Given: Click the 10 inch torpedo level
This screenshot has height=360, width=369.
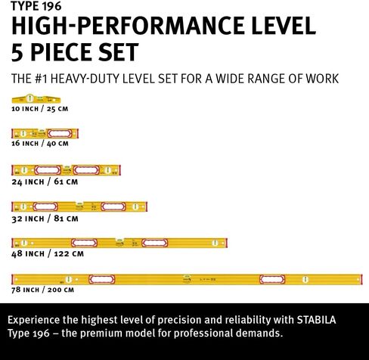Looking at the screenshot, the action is click(36, 99).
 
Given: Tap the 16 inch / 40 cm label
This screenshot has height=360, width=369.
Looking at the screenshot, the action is click(40, 144).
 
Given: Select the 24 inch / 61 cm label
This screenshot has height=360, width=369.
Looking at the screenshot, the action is click(45, 182).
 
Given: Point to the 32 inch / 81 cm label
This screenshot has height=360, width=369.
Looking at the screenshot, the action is click(45, 219).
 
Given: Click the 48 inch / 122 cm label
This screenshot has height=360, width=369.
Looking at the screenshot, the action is click(48, 253).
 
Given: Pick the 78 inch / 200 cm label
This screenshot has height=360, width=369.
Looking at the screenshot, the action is click(42, 290).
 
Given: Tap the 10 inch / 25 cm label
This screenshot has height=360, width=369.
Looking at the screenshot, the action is click(40, 109).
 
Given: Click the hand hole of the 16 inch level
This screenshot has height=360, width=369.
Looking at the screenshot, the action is click(60, 133).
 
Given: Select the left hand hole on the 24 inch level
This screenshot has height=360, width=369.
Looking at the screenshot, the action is click(48, 170).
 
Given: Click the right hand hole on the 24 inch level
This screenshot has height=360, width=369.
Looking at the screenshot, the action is click(86, 170).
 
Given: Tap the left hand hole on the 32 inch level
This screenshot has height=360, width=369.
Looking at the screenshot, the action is click(45, 206).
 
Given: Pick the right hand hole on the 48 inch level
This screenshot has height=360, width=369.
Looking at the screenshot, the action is click(154, 243).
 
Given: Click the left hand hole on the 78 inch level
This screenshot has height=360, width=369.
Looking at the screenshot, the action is click(102, 279).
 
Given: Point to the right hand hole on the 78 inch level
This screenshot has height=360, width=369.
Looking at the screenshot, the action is click(272, 279).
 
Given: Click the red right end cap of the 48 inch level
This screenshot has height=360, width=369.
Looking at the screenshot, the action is click(227, 243).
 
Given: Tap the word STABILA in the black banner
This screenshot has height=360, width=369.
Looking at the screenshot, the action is click(316, 320).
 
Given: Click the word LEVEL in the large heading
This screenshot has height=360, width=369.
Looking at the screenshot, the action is click(284, 26).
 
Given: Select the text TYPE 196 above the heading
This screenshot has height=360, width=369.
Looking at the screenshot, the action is click(36, 6).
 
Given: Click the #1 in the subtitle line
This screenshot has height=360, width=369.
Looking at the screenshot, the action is click(41, 79).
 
